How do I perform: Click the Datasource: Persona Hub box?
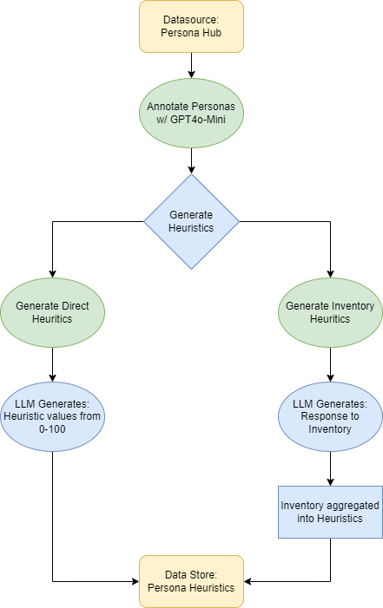coord(191,26)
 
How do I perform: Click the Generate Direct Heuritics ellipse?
coord(52,312)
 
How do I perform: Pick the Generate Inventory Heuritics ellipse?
coord(330,312)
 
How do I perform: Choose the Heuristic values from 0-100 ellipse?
coord(52,410)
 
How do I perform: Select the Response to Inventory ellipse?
coord(330,410)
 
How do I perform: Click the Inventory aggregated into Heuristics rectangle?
coord(330,512)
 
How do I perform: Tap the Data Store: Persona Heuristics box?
coord(191,581)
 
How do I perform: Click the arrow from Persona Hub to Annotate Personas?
coord(191,65)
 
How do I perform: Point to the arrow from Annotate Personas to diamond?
coord(191,159)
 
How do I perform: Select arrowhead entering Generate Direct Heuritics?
coord(52,272)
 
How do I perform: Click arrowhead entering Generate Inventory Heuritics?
coord(330,272)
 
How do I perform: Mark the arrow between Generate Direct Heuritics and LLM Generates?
coord(52,364)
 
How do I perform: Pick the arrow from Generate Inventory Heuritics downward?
coord(330,364)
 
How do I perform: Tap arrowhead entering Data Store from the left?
coord(135,581)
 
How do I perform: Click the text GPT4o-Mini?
coord(200,119)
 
